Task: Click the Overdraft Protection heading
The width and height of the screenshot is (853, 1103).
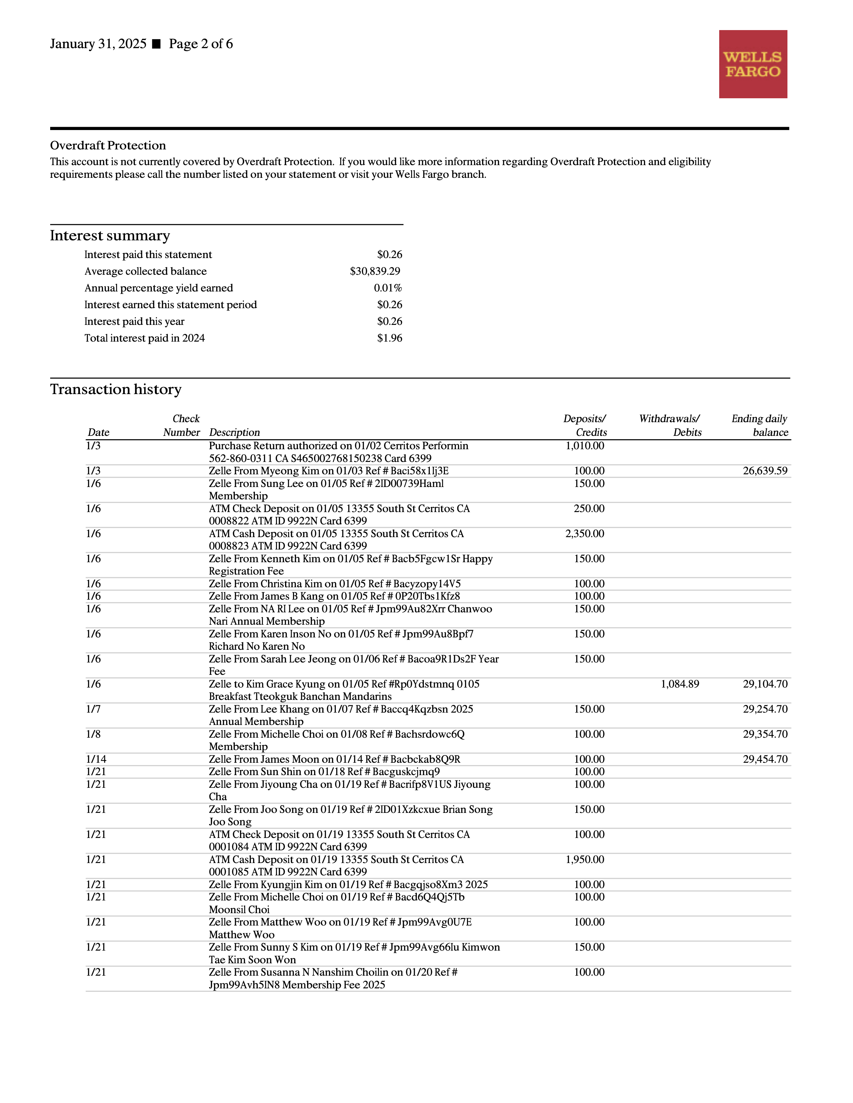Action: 108,145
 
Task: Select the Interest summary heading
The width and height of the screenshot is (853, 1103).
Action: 110,236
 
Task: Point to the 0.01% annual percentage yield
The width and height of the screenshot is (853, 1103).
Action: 388,288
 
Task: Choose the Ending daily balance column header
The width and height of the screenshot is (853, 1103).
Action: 759,425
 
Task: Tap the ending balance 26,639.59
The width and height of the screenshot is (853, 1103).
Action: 765,471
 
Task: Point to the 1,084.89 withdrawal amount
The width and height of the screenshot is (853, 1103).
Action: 680,684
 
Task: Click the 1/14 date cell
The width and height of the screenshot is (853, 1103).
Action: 96,759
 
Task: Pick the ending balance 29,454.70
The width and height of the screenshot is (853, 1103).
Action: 765,759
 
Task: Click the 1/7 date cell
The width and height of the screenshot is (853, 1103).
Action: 93,709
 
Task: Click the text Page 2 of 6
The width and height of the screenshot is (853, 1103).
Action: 201,44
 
